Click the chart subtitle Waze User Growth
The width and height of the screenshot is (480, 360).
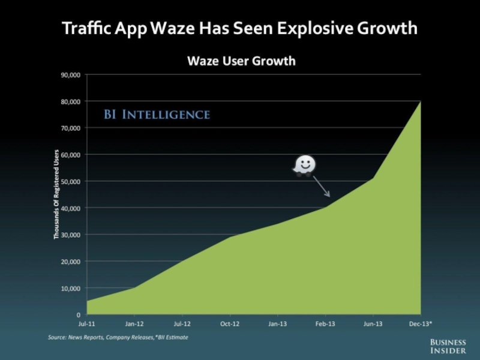click(x=241, y=61)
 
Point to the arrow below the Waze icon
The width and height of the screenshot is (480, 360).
click(x=321, y=188)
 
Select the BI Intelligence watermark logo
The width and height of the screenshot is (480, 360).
click(x=157, y=115)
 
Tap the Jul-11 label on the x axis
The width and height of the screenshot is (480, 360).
click(x=86, y=324)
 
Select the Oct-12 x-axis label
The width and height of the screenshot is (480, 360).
click(x=230, y=324)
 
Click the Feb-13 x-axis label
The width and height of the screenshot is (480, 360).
click(x=325, y=324)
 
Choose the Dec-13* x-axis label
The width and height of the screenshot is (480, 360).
click(x=420, y=324)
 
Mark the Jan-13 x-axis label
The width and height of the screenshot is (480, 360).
click(x=277, y=324)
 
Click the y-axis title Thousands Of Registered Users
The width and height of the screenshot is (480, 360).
click(x=56, y=194)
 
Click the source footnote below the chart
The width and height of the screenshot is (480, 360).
click(x=118, y=337)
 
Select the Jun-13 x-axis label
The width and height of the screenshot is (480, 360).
click(x=373, y=324)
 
